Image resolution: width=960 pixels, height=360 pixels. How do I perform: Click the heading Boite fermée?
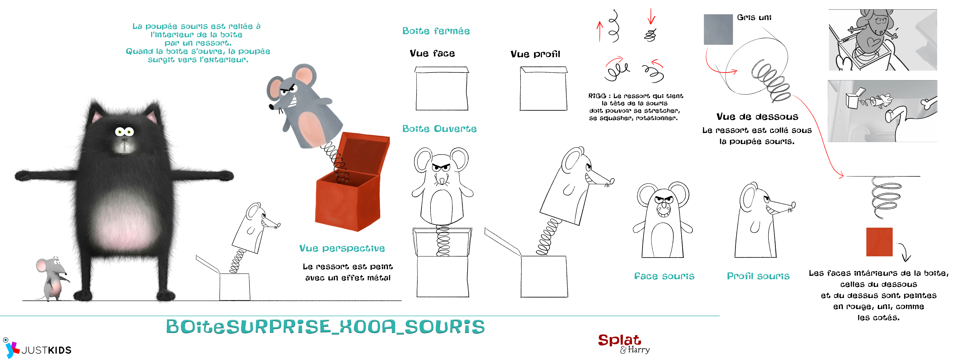coord(436,31)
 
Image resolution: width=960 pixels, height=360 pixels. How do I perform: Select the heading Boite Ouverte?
coord(439,128)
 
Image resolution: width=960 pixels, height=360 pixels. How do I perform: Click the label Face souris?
coord(664,276)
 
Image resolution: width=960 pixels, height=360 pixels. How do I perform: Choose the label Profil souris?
coord(758,276)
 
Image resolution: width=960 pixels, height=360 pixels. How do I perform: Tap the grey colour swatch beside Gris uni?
coord(718,29)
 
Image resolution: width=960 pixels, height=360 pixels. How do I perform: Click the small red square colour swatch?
coord(879,242)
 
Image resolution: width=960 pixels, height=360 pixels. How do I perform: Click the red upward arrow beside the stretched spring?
coord(600,31)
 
